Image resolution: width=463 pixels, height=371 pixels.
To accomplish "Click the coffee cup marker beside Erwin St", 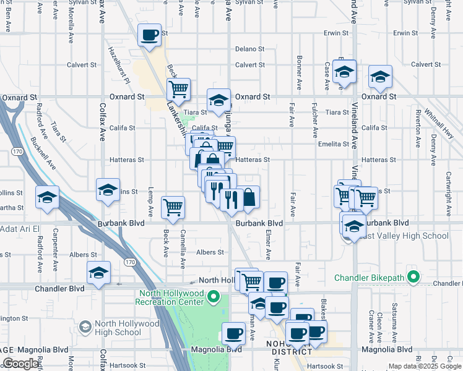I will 149,35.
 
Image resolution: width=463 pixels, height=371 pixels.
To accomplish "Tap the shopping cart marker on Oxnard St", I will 178,88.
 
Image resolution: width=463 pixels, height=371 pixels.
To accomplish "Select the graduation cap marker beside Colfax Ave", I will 108,190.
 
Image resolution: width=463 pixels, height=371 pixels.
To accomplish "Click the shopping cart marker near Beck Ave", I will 173,207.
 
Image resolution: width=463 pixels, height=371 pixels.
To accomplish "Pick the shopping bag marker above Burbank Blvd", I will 248,197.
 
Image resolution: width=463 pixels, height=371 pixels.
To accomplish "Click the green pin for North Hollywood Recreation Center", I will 214,297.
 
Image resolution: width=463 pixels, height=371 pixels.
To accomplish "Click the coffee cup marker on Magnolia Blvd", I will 233,334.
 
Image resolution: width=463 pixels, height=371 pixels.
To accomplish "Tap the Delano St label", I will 249,49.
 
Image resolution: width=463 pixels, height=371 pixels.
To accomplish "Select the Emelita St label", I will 335,144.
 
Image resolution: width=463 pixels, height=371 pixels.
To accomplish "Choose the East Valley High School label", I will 404,236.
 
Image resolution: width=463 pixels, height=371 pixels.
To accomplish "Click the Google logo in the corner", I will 20,364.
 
